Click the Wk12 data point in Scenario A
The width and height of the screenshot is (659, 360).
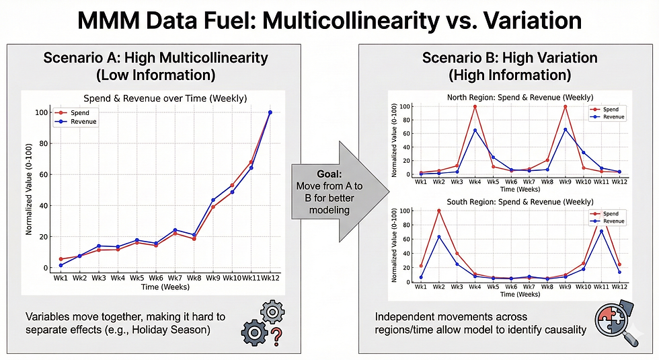click(x=270, y=112)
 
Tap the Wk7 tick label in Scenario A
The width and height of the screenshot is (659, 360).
click(x=175, y=277)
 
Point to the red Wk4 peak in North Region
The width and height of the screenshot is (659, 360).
click(x=475, y=106)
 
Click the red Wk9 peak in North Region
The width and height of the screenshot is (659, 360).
click(x=564, y=106)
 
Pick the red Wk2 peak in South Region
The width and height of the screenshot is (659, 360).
click(x=438, y=211)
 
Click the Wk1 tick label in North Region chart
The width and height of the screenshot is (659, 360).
click(x=420, y=182)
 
